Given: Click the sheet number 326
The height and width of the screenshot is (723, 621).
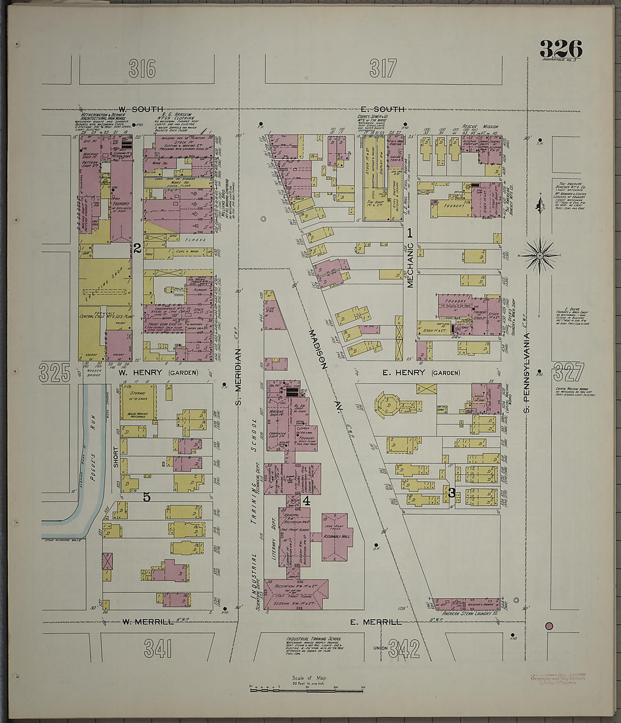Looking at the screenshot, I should click(560, 49).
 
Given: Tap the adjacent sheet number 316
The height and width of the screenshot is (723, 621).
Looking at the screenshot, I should click(142, 69).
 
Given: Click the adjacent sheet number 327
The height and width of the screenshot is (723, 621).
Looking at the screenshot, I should click(568, 373).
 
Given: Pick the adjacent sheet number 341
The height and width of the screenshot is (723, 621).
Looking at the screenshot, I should click(158, 649).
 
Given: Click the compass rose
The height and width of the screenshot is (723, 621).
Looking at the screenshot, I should click(539, 256).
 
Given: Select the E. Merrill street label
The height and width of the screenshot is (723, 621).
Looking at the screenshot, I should click(375, 622).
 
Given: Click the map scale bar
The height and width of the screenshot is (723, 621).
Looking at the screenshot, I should click(307, 689).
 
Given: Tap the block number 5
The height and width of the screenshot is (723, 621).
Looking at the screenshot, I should click(146, 497).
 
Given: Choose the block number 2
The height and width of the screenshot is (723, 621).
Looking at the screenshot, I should click(137, 247).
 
